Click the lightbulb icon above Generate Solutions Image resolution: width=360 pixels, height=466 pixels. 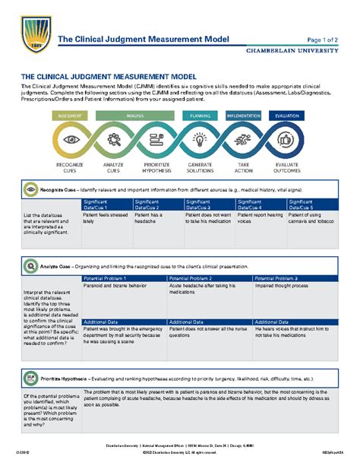pyautogui.click(x=201, y=141)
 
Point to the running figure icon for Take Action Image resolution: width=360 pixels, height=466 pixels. pyautogui.click(x=244, y=141)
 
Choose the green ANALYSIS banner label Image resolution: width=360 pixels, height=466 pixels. pyautogui.click(x=135, y=116)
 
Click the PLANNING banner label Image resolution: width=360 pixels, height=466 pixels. pyautogui.click(x=200, y=116)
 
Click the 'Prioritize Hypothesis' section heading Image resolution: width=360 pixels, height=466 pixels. pyautogui.click(x=63, y=378)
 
